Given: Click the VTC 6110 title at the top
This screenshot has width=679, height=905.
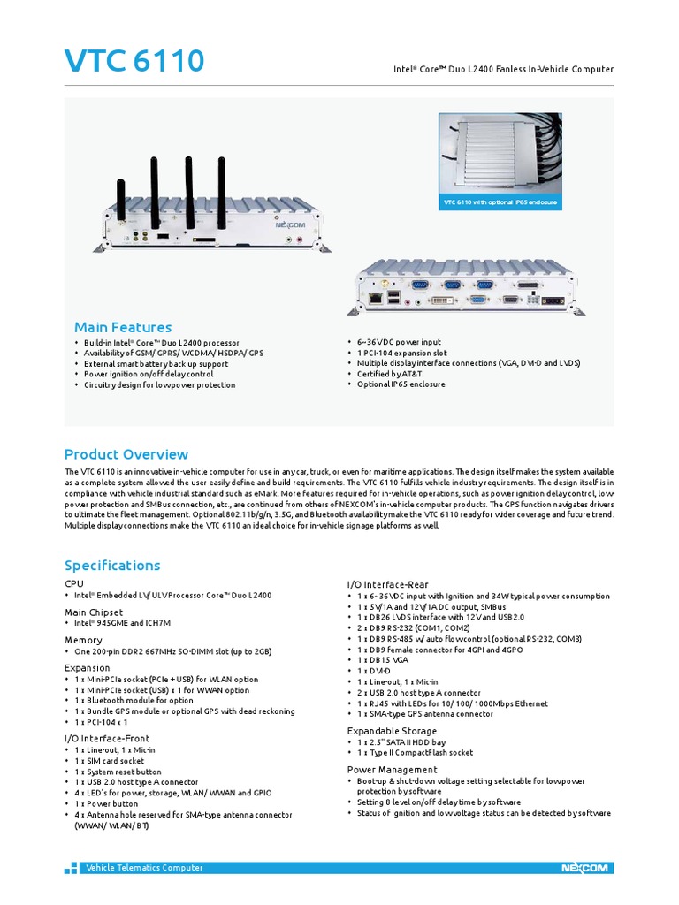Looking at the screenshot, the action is tap(134, 62).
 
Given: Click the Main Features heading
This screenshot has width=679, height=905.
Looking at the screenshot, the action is tap(122, 327).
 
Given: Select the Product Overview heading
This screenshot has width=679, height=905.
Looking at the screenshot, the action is tap(126, 454).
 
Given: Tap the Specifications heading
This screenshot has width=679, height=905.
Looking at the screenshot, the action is tap(112, 565).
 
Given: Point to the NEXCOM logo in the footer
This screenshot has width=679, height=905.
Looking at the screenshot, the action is tap(584, 868).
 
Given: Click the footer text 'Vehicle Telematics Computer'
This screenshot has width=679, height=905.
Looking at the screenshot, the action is tap(144, 868).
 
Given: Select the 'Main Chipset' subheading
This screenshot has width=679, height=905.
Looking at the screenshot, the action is tap(94, 612).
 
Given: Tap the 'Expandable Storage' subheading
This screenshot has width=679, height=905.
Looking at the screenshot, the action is tap(392, 731).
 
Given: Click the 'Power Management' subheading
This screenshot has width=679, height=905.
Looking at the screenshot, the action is tap(392, 770).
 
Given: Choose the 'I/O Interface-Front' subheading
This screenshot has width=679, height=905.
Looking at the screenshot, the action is tap(107, 738).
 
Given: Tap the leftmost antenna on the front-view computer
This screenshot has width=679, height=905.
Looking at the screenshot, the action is tap(121, 191).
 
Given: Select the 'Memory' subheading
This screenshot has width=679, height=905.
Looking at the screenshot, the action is tap(83, 640).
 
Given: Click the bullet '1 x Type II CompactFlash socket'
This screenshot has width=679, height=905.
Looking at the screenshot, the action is tap(414, 753).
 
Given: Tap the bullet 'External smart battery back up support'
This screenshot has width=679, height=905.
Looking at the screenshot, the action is tap(156, 363).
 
